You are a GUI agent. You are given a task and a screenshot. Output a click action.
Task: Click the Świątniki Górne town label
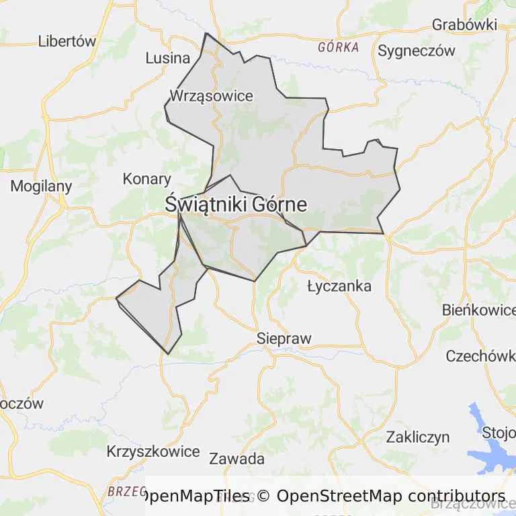tap(236, 204)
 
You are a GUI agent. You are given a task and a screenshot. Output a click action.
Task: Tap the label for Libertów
tap(67, 40)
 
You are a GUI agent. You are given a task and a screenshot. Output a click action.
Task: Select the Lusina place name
tap(168, 58)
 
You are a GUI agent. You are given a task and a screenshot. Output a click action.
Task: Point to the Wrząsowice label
tap(211, 95)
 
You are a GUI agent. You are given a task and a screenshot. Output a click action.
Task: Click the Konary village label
tap(146, 179)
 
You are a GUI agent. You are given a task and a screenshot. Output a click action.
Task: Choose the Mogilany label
tap(41, 186)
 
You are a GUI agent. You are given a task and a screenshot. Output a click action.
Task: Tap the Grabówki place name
tap(464, 25)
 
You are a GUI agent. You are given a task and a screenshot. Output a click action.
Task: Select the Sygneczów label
tap(417, 50)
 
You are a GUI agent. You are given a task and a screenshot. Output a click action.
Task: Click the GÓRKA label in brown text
tap(339, 48)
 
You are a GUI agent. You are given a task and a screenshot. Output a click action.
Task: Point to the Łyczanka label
tap(339, 286)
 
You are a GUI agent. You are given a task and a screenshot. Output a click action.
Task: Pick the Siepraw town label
tap(284, 338)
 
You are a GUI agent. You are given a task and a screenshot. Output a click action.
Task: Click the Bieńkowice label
tap(478, 310)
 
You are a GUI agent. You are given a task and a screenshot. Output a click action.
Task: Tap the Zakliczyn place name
tap(417, 437)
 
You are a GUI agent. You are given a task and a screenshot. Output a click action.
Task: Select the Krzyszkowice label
tap(153, 451)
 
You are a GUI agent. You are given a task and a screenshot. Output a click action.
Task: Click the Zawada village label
tap(236, 460)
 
